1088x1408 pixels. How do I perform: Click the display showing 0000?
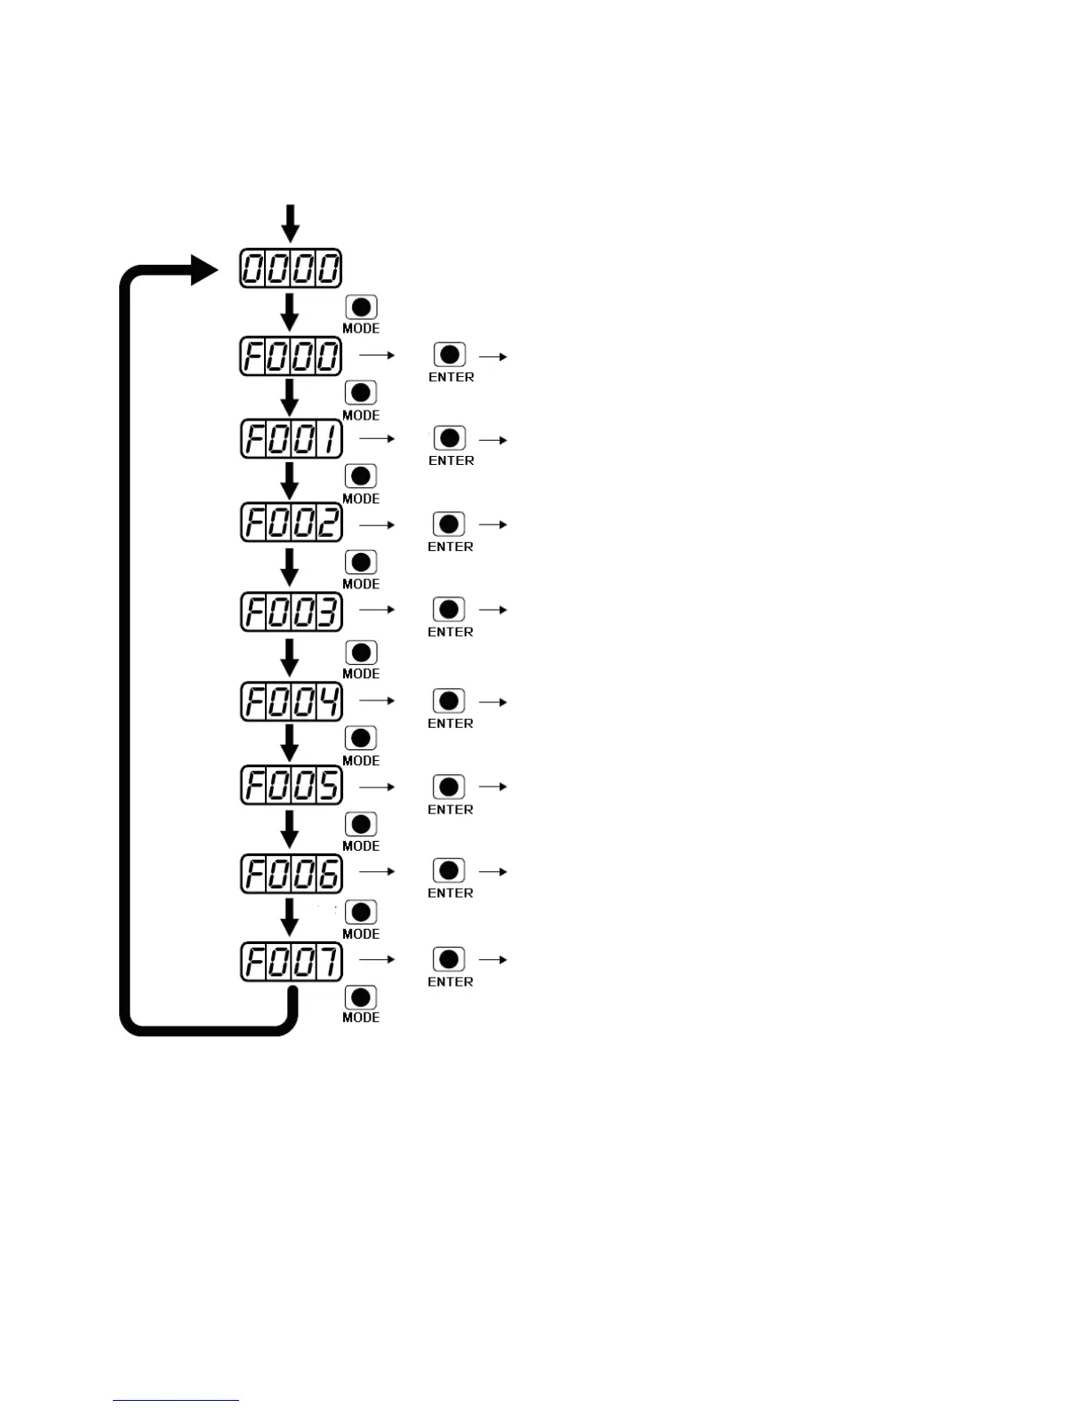(x=291, y=268)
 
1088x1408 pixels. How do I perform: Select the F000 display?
(x=291, y=356)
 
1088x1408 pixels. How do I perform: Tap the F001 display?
(x=291, y=439)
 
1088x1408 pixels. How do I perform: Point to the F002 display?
(x=291, y=523)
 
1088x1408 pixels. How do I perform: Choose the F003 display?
(x=291, y=612)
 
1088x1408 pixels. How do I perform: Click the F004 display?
(x=291, y=702)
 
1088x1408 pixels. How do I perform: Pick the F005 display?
(x=291, y=786)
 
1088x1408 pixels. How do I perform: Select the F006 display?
(x=291, y=874)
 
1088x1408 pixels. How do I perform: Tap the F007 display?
(x=291, y=962)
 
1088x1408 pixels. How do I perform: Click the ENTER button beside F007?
(x=449, y=959)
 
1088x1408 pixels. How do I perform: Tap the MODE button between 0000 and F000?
(x=361, y=308)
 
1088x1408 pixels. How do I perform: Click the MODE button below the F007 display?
(x=361, y=997)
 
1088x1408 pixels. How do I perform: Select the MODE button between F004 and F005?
(x=361, y=738)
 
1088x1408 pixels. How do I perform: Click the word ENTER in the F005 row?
(x=451, y=810)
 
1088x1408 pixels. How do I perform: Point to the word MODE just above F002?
(x=361, y=499)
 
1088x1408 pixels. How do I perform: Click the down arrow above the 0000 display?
(x=291, y=222)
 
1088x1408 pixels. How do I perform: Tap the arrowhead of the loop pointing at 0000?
(x=204, y=268)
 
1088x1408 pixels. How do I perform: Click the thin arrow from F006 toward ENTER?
(x=377, y=872)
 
